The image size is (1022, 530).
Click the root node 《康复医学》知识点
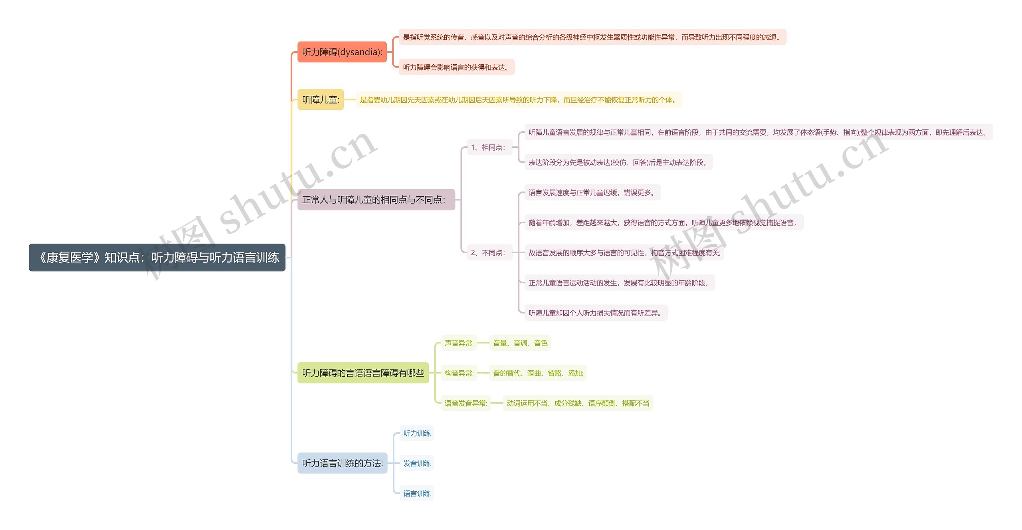click(157, 258)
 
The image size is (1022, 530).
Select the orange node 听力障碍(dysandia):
click(342, 52)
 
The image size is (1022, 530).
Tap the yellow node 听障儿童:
click(321, 99)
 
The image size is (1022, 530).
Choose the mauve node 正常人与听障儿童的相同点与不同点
click(376, 200)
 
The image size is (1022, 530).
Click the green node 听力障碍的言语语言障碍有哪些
click(363, 373)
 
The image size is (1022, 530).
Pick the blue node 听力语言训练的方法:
click(342, 463)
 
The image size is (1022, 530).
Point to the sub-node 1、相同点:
click(489, 147)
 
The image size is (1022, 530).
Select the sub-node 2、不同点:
click(489, 253)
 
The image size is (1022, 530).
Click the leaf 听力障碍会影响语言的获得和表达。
click(457, 67)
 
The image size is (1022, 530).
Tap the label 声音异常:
click(459, 343)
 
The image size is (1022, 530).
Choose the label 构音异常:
click(459, 373)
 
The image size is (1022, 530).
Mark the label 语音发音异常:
click(466, 403)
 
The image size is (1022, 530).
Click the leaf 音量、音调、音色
click(520, 343)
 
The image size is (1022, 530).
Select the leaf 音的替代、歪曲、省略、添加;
click(538, 373)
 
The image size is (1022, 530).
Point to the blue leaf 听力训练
click(417, 433)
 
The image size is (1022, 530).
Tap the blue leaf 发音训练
click(417, 463)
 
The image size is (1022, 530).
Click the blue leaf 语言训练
click(417, 494)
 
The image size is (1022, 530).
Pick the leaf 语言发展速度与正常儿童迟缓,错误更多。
click(592, 193)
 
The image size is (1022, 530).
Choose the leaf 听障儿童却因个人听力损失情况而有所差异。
click(596, 313)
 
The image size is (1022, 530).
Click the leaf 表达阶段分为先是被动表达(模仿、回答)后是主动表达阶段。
click(618, 163)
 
